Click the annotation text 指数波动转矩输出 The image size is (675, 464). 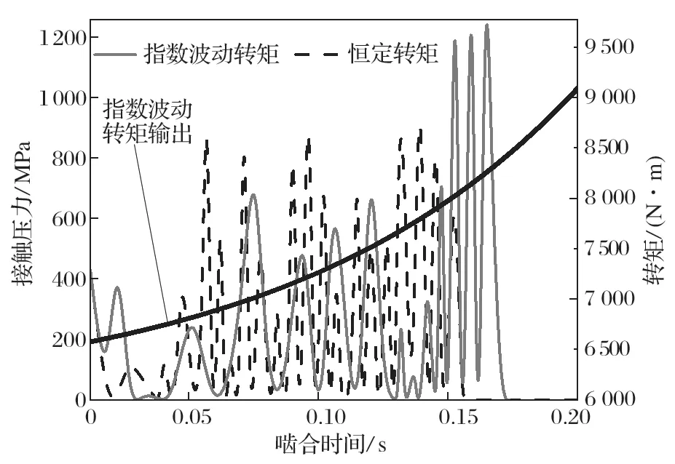tap(148, 122)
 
